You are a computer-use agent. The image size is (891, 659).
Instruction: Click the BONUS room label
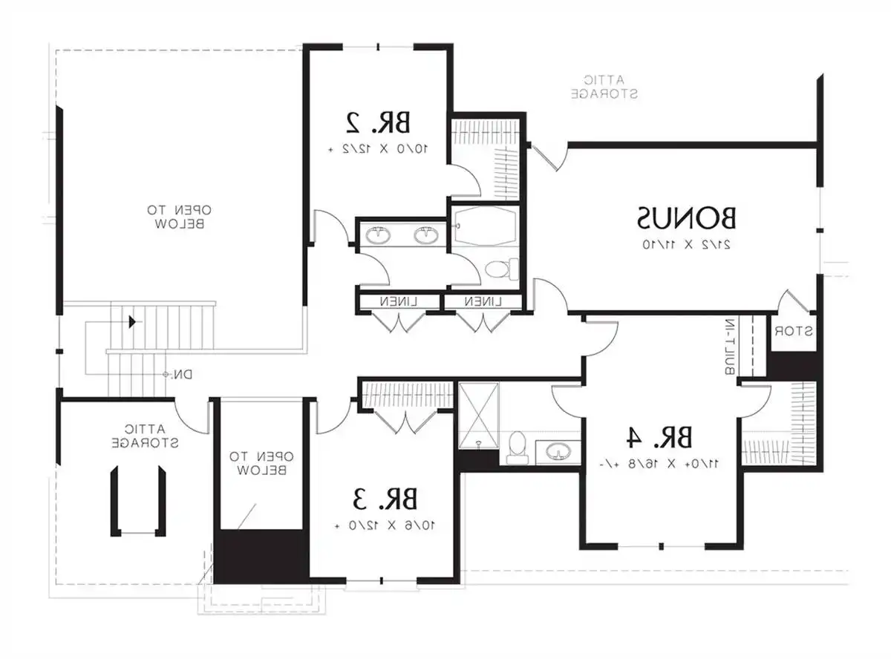point(687,218)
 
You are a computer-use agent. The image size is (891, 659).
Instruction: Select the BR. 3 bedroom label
point(385,499)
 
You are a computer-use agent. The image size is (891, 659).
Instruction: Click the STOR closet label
point(790,332)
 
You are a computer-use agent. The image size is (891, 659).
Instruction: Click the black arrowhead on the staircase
point(132,321)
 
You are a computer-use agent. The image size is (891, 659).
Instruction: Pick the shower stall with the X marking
point(479,415)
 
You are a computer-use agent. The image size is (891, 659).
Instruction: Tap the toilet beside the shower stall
point(518,447)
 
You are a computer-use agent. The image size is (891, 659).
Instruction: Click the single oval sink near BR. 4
point(558,450)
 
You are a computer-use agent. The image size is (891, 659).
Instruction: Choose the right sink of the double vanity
point(425,237)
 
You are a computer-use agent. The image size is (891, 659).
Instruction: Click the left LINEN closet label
point(398,302)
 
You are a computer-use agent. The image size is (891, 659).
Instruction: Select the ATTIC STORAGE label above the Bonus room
point(605,87)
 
